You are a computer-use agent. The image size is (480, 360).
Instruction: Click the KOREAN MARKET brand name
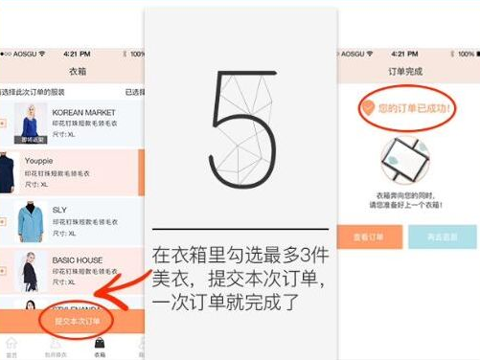[83, 112]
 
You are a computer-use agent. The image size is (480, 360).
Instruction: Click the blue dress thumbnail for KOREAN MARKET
[32, 124]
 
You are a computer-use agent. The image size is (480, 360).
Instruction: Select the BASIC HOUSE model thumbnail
[30, 272]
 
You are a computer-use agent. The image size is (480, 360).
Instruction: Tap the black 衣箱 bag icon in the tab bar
[100, 343]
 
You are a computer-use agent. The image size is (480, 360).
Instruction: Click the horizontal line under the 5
[240, 230]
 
